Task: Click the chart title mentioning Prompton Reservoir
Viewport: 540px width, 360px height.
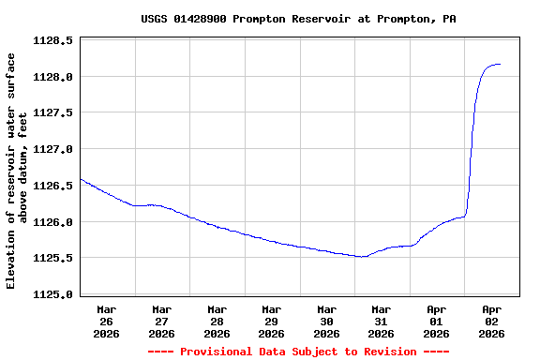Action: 298,19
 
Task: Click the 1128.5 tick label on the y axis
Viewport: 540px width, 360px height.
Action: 53,40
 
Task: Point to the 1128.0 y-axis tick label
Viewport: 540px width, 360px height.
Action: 53,77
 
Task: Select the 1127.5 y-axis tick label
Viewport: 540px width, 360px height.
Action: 53,112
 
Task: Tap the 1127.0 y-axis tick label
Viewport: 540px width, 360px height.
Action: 53,149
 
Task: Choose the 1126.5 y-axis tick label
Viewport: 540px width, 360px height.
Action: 53,186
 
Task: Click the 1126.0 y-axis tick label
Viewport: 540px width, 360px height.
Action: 53,222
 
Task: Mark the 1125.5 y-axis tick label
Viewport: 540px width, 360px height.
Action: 53,258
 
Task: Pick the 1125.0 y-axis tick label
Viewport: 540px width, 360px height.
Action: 53,294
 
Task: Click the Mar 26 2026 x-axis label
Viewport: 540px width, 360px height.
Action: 107,321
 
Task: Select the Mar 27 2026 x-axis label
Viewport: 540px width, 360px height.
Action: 162,321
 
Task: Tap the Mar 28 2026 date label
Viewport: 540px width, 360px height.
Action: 217,321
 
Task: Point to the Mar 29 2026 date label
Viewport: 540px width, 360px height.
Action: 272,321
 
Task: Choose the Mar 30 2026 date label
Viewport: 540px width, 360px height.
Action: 326,321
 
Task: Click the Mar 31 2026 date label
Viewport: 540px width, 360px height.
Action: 382,321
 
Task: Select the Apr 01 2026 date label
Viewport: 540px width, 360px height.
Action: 437,321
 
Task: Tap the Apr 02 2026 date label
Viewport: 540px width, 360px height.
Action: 491,321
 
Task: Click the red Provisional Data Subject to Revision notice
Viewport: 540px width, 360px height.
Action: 298,352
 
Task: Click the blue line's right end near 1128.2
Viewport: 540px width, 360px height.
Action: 500,65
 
